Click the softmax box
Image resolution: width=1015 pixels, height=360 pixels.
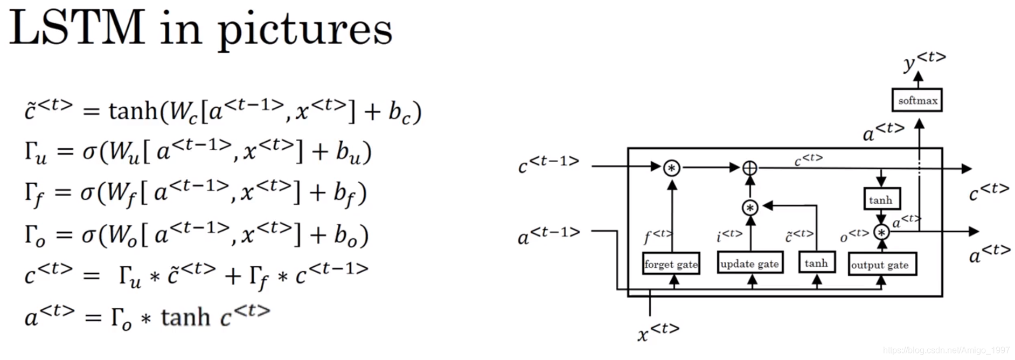click(x=917, y=100)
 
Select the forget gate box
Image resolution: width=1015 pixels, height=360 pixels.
click(x=671, y=264)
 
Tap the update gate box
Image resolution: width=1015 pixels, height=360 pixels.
click(x=749, y=264)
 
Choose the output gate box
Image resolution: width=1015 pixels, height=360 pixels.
click(x=881, y=265)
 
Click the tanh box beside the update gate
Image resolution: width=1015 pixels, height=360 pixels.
click(x=816, y=263)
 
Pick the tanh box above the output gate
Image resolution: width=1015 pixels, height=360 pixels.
click(x=881, y=200)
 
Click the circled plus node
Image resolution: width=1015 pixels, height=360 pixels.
click(x=749, y=168)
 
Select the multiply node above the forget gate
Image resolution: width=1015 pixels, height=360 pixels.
click(x=671, y=168)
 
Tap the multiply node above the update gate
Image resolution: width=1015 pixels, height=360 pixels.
click(x=750, y=207)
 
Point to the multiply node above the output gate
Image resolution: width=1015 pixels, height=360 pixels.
click(x=881, y=232)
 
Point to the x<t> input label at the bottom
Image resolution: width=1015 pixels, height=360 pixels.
click(x=658, y=332)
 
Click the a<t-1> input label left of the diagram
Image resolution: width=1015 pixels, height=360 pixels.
click(x=548, y=236)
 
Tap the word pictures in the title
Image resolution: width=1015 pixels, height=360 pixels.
click(x=305, y=30)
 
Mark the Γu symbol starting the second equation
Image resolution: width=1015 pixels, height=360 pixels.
click(x=36, y=153)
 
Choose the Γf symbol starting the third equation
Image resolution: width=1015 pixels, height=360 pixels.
click(x=33, y=194)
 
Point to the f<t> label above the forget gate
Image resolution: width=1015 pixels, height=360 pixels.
click(x=657, y=236)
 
